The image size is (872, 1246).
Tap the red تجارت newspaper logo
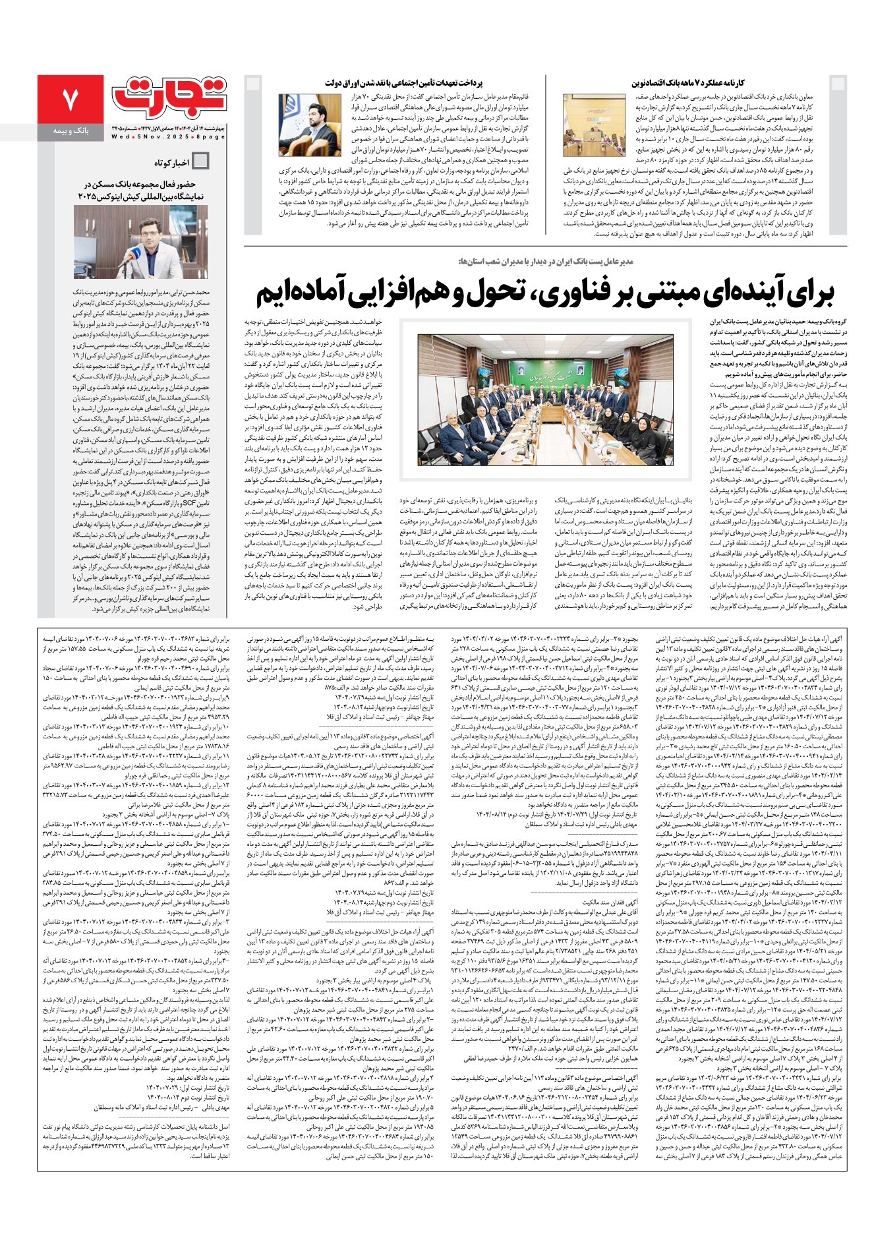pos(169,96)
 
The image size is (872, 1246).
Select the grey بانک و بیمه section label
pos(70,131)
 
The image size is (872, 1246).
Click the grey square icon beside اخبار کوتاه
pos(200,162)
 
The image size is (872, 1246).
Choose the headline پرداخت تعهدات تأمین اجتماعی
pos(403,83)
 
